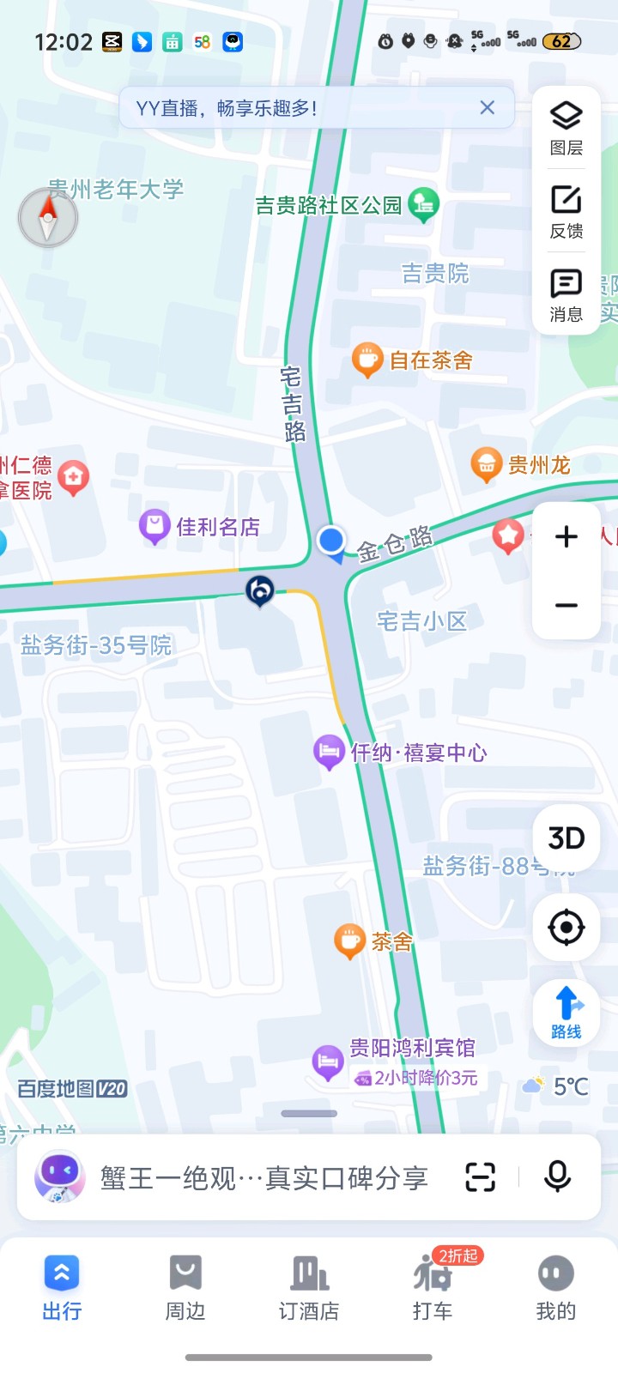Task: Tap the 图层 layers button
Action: coord(566,128)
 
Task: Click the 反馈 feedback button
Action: coord(566,211)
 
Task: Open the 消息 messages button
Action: coord(566,294)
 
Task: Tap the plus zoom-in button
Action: coord(566,537)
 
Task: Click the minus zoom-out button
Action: coord(566,606)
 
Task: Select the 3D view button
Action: coord(566,838)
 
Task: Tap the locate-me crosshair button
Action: coord(566,928)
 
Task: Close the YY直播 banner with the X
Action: coord(487,107)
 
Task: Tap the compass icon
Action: coord(48,217)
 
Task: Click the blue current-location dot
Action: coord(330,540)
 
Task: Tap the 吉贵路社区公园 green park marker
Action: coord(422,204)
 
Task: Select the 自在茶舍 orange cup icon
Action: coord(367,360)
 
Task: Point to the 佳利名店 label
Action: coord(217,527)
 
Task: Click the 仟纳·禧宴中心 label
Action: coord(418,753)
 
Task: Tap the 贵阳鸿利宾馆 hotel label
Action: coord(411,1048)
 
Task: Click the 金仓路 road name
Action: coord(394,545)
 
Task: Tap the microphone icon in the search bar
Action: coord(557,1176)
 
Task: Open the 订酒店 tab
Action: coord(309,1287)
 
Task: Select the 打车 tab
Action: coord(433,1287)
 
